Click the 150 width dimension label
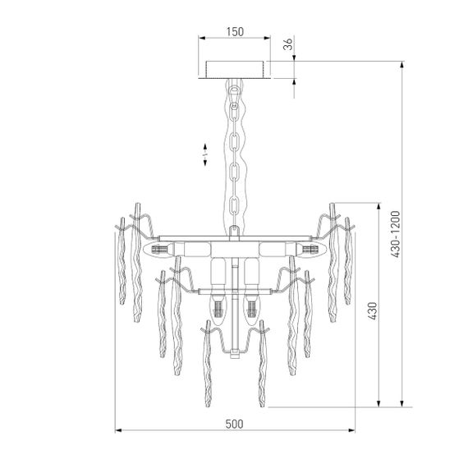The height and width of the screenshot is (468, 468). coord(235,32)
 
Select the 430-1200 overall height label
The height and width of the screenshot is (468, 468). coord(394,235)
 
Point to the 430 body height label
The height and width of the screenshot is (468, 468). coord(371,310)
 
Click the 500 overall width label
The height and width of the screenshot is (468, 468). coord(234,424)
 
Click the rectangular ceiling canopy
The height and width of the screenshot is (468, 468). coord(235,69)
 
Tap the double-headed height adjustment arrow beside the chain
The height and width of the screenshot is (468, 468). coord(206,154)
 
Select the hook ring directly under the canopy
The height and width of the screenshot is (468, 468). coord(235,85)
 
